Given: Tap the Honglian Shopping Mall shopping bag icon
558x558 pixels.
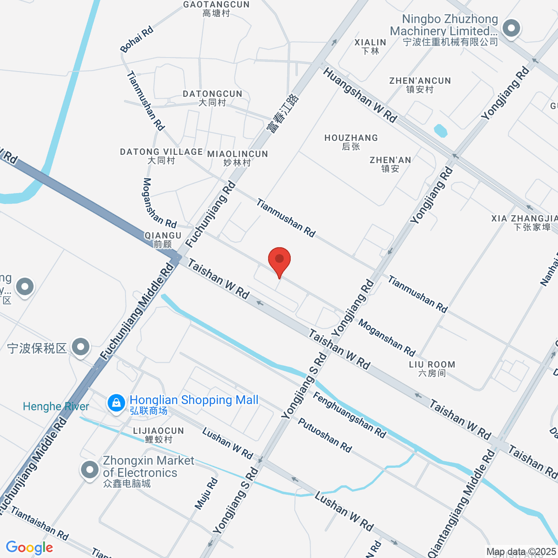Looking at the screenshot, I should pos(115,403).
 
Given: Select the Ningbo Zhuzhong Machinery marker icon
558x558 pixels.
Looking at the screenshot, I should pos(512,29).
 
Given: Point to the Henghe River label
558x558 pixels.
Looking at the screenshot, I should pos(56,406).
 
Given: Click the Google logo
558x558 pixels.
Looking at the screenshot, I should pos(29,548).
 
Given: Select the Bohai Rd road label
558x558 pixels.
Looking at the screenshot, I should pos(137,40).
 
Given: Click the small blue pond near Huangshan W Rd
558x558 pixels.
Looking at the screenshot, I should pos(440,131).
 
